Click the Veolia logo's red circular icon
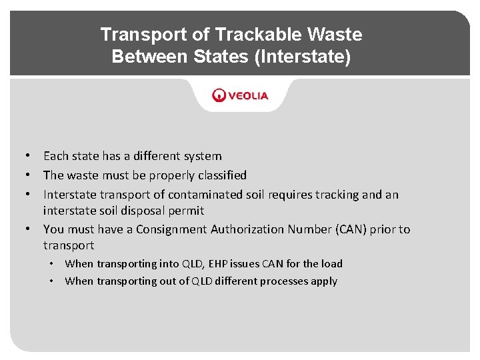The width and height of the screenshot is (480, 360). pyautogui.click(x=219, y=95)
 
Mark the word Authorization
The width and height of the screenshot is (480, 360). pyautogui.click(x=247, y=229)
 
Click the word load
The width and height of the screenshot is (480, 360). pyautogui.click(x=331, y=263)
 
